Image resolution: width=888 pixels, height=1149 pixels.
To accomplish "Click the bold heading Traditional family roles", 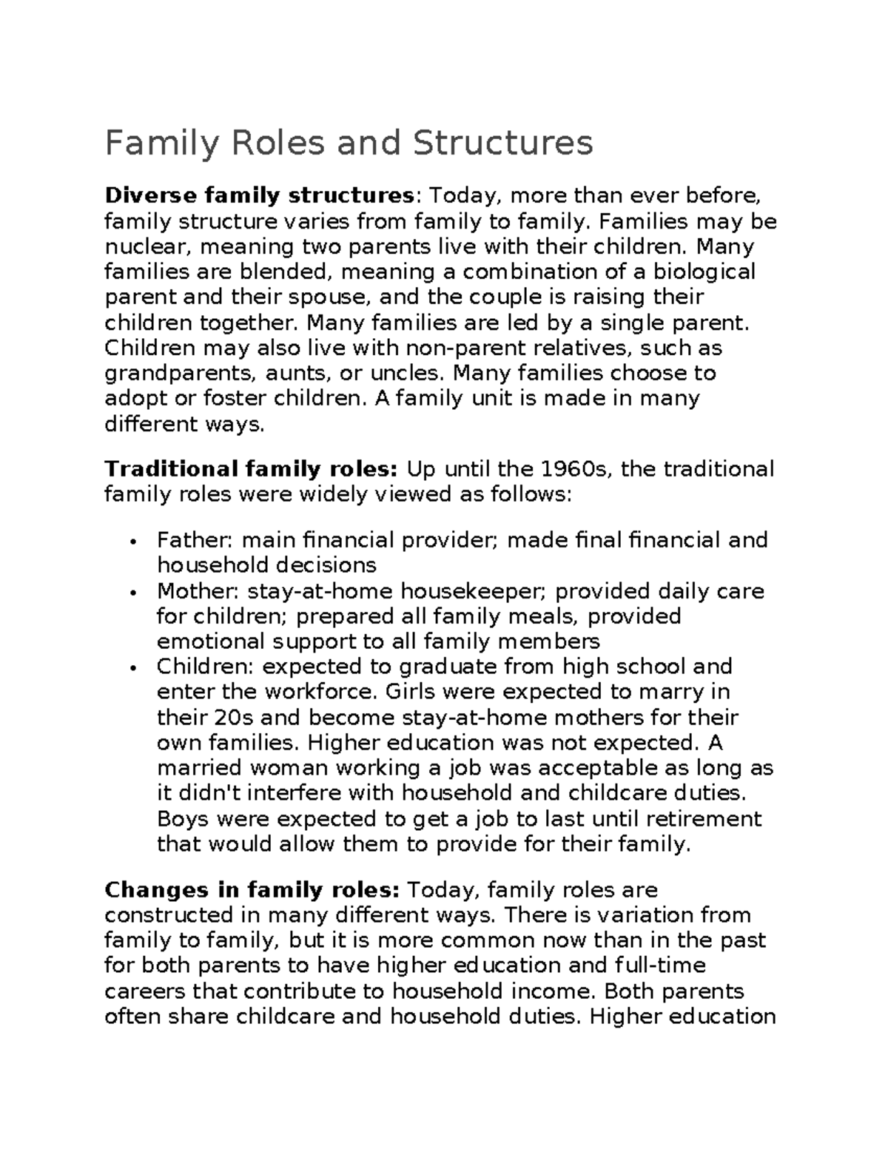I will click(252, 469).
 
